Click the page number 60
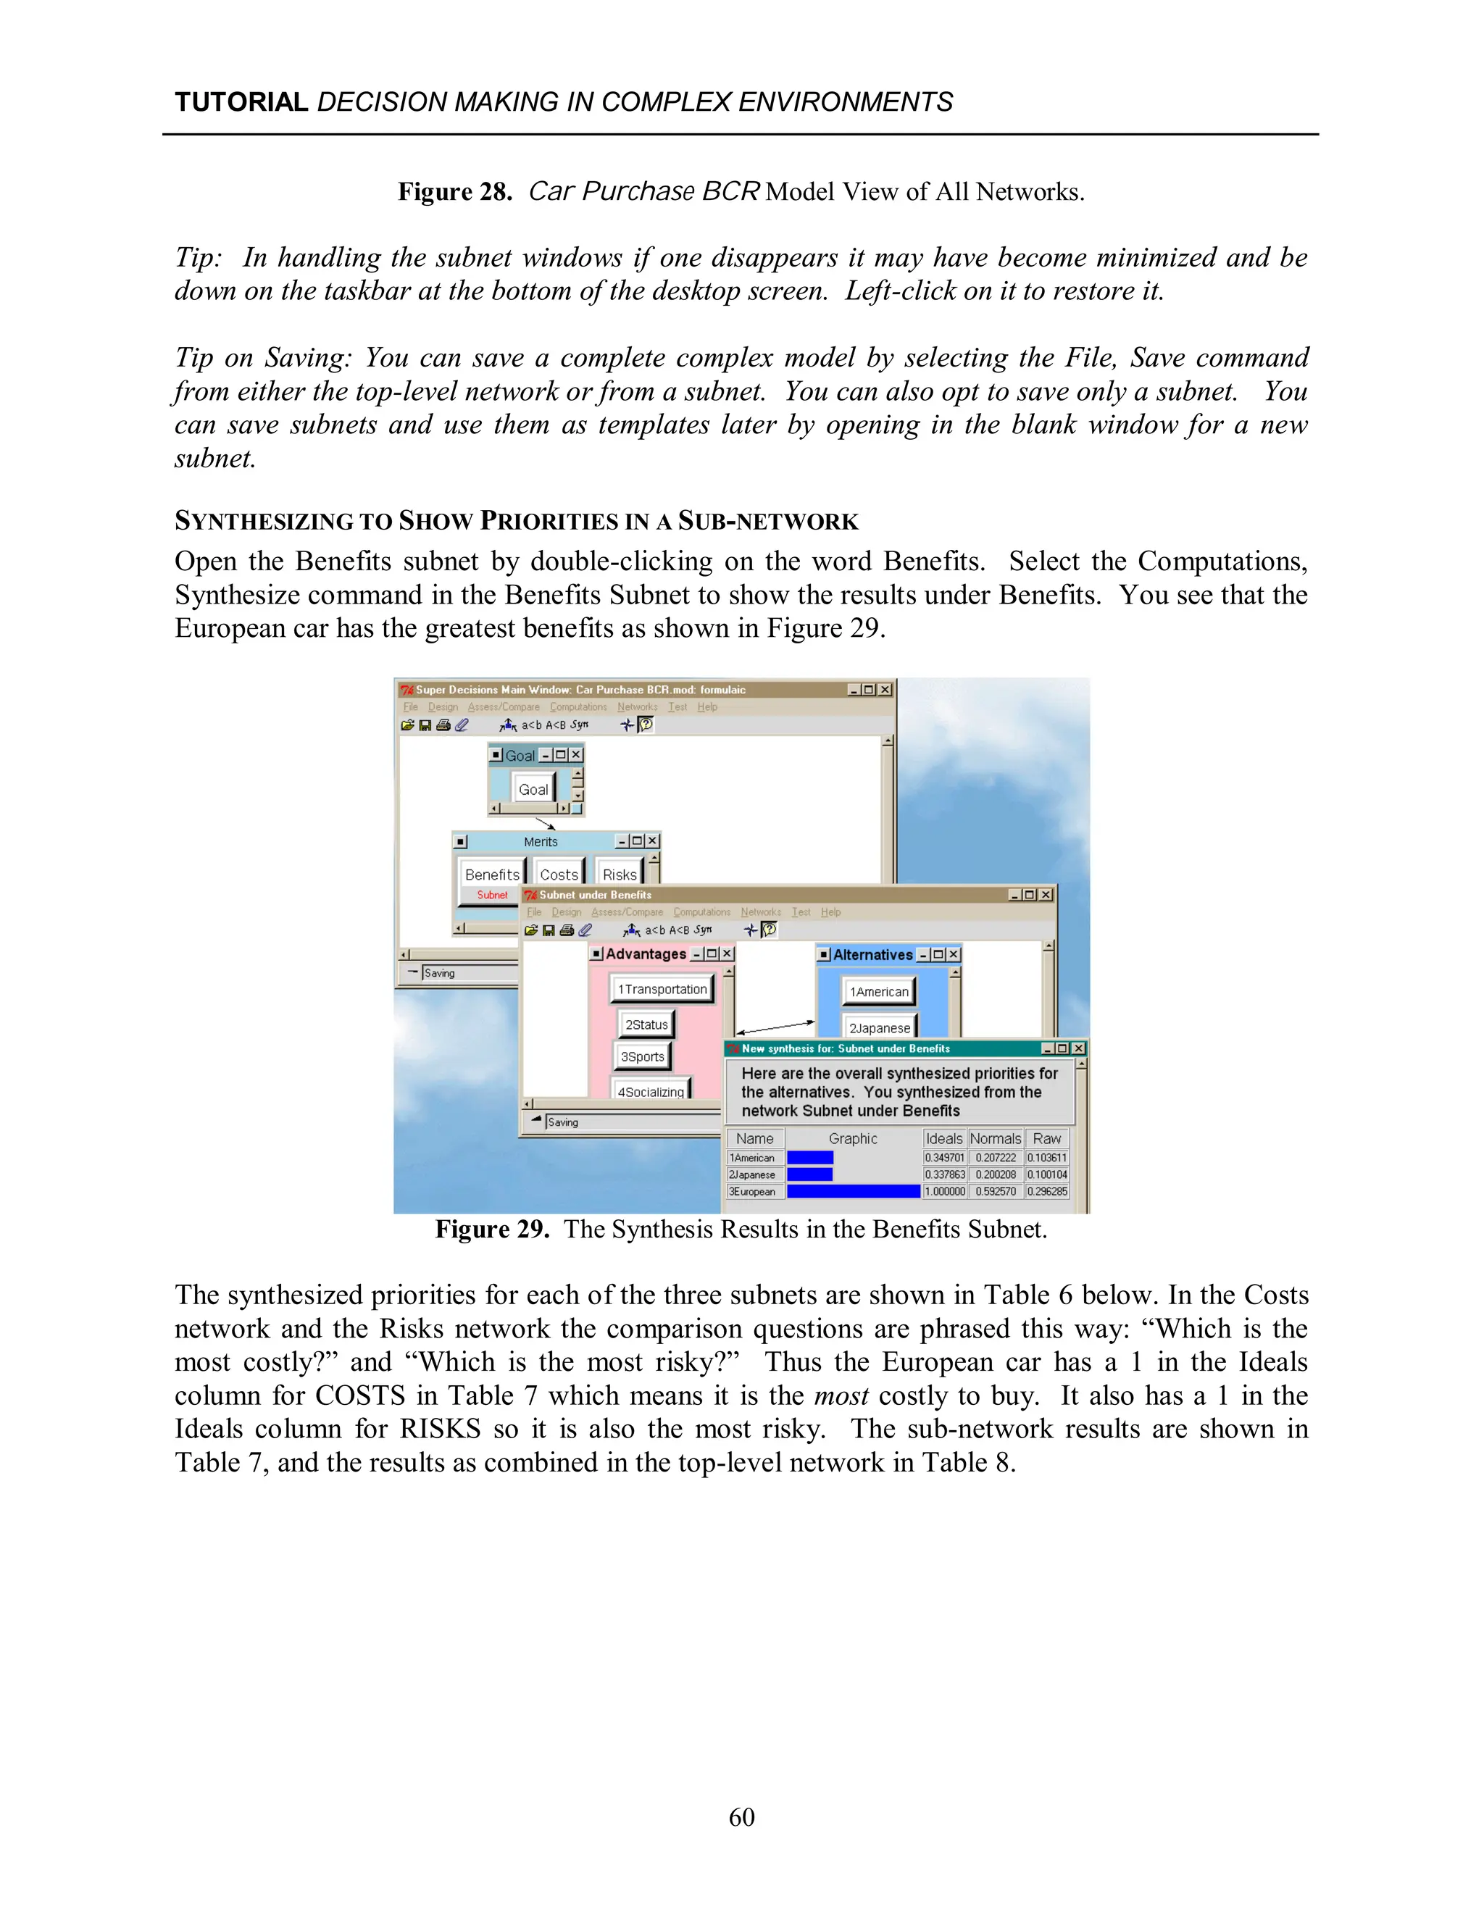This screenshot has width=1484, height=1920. click(x=741, y=1817)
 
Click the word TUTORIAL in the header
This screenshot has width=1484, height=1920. click(x=241, y=102)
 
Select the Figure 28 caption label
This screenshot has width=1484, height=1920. click(x=454, y=192)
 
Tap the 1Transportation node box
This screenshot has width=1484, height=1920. click(x=661, y=989)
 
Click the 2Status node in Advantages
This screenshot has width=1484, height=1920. click(x=646, y=1024)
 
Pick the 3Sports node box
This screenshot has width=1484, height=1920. click(x=642, y=1056)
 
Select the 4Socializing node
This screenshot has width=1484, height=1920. click(x=651, y=1091)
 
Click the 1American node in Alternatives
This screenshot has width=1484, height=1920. click(x=878, y=992)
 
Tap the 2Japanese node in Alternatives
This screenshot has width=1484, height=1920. click(x=879, y=1027)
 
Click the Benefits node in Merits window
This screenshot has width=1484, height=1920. click(x=491, y=875)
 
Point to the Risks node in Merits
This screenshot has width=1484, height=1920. click(x=619, y=875)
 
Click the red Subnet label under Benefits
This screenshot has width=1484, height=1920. click(x=492, y=895)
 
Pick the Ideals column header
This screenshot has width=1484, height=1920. click(x=944, y=1138)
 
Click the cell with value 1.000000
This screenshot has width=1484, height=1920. click(x=944, y=1192)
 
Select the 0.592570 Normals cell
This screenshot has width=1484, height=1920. click(x=995, y=1192)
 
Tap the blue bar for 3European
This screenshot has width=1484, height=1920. click(x=853, y=1192)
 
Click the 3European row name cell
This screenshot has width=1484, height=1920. click(x=754, y=1192)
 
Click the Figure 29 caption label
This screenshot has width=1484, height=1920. click(x=491, y=1229)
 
